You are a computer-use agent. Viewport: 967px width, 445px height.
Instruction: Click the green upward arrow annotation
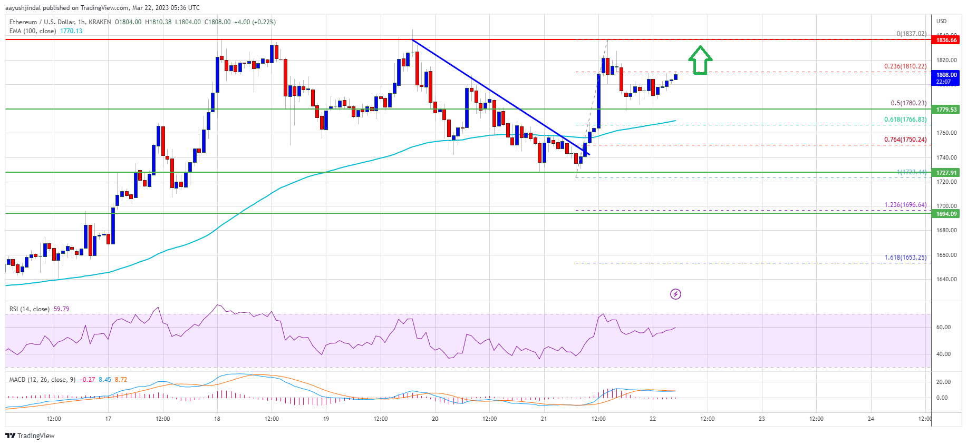coord(700,60)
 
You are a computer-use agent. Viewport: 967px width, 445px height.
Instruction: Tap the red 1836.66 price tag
coord(946,40)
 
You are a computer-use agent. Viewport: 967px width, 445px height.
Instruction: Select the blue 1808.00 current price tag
coord(946,78)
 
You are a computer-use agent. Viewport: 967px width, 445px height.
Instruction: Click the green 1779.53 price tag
coord(946,110)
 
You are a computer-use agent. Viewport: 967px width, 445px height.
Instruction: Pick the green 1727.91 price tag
coord(946,173)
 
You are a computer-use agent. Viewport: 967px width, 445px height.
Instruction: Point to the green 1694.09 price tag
coord(946,214)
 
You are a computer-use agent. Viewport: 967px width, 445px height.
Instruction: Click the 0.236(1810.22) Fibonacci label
coord(905,66)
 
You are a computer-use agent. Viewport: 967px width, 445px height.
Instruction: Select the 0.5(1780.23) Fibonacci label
coord(908,103)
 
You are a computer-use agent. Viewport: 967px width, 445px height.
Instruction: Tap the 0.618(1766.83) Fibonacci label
coord(905,120)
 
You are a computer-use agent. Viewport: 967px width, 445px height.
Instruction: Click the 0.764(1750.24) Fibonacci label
coord(905,140)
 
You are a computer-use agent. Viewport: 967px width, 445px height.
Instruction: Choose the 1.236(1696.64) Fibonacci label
coord(905,205)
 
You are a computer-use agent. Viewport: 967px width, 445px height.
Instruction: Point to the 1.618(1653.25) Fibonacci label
coord(905,258)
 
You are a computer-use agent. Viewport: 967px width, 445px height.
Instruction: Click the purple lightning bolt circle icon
coord(675,294)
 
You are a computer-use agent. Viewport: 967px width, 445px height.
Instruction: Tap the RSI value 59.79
coord(61,309)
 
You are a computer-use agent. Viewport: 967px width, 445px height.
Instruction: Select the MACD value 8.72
coord(121,380)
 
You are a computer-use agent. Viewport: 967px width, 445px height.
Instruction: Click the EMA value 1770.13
coord(71,31)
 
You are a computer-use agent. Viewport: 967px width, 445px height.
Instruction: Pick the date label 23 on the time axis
coord(761,419)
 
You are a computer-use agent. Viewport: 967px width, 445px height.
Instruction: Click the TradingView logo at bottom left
coord(30,436)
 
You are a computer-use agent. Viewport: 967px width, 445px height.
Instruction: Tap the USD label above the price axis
coord(941,21)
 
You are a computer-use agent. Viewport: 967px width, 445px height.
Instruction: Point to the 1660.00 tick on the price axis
coord(946,255)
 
